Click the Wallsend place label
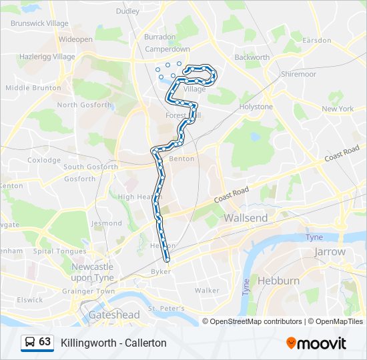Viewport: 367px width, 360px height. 246,218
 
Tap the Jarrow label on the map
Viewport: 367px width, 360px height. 330,252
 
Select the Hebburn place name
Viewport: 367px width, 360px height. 278,281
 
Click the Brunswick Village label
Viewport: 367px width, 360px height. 39,23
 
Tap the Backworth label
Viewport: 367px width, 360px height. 252,57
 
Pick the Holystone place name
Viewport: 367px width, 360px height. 256,107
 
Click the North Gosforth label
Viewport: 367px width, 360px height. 84,105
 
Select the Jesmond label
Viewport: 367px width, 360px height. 107,223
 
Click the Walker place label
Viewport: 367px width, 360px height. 207,291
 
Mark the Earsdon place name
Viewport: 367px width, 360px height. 316,40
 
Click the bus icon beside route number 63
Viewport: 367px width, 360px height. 30,342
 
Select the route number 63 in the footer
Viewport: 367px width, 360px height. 45,342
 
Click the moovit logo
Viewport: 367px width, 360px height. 316,343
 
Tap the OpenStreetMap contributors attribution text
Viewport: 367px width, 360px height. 254,321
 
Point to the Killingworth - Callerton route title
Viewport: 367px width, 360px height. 113,343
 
